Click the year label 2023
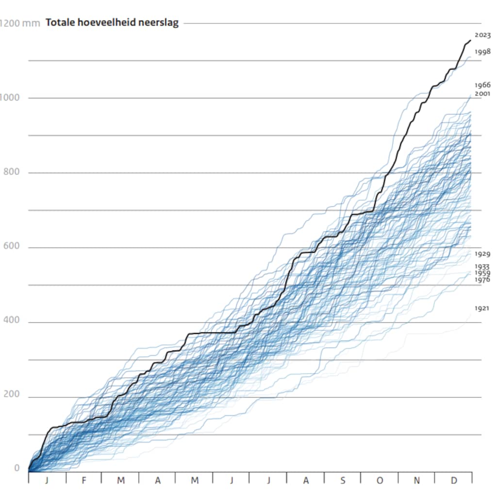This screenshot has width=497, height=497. click(x=482, y=35)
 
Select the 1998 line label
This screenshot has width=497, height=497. click(x=482, y=51)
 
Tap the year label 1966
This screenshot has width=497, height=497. click(x=482, y=84)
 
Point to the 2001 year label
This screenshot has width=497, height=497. click(x=482, y=94)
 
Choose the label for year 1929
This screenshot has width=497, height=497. click(x=482, y=253)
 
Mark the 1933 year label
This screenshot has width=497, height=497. click(x=482, y=266)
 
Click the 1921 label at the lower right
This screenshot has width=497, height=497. click(x=482, y=308)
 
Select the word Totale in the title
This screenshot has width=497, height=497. click(x=60, y=22)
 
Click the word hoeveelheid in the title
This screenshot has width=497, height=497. click(x=108, y=22)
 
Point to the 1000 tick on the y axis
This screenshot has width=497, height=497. click(x=10, y=97)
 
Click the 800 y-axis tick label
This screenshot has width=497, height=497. click(x=12, y=171)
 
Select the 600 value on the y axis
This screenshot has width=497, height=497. click(x=12, y=246)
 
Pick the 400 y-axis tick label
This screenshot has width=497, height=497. click(x=12, y=320)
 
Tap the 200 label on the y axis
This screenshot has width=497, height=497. click(x=12, y=394)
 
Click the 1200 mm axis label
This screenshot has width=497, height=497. click(x=19, y=23)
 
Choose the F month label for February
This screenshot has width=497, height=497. click(x=83, y=480)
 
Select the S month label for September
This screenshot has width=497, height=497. click(x=343, y=480)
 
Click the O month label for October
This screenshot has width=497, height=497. click(x=380, y=480)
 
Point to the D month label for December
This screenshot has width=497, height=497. click(x=454, y=480)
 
